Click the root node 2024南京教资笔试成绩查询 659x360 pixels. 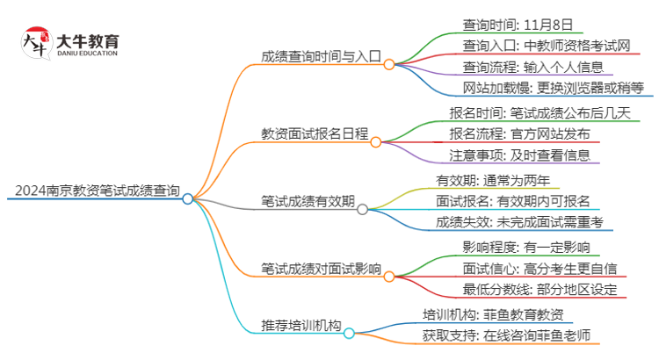coord(98,190)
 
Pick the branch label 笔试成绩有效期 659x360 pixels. coord(308,200)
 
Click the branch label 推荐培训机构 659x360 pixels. coord(301,325)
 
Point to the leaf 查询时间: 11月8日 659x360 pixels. coord(511,24)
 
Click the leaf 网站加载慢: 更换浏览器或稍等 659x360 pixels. coord(554,87)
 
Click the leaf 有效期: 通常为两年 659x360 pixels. coord(494,180)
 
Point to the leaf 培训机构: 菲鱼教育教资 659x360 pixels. coord(498,314)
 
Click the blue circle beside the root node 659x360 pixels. coord(187,199)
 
